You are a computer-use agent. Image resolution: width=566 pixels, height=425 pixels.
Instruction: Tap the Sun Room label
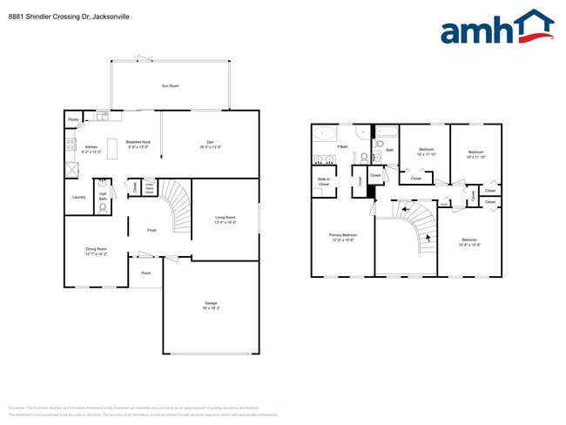(170, 85)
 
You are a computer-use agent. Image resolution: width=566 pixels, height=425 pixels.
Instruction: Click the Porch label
(145, 272)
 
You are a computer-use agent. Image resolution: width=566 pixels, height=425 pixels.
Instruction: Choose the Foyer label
(152, 230)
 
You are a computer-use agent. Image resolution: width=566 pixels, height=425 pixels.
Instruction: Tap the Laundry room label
(78, 198)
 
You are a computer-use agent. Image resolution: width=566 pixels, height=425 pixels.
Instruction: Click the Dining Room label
(96, 252)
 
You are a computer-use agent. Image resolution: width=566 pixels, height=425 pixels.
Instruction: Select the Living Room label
(226, 219)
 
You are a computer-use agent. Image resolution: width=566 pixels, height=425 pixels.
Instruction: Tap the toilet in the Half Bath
(103, 210)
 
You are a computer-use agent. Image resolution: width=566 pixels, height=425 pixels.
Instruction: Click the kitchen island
(111, 145)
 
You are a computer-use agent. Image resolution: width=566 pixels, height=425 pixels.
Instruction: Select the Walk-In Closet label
(324, 183)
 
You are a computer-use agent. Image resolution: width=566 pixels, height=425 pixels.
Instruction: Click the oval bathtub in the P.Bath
(326, 134)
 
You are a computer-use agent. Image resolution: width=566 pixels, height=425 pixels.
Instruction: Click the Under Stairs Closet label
(149, 186)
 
